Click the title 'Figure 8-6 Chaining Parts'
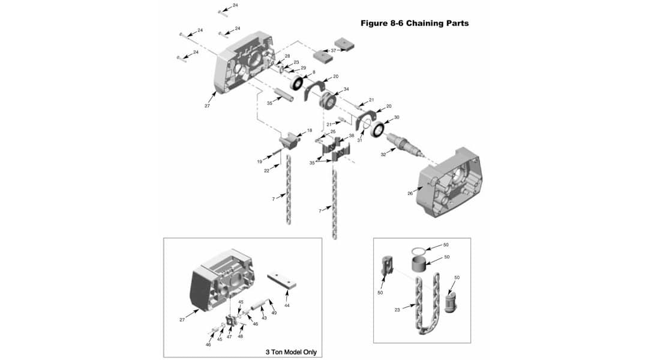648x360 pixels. (414, 23)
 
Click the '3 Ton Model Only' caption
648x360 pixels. (291, 352)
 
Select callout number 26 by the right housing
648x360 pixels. (410, 193)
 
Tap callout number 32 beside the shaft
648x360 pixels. (383, 154)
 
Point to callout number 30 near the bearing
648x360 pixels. (396, 118)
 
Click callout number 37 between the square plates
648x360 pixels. (333, 50)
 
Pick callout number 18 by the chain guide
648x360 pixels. (310, 130)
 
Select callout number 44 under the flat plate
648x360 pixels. (287, 305)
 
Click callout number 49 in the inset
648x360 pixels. (274, 313)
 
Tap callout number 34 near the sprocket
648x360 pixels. (346, 89)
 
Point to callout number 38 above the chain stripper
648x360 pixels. (352, 136)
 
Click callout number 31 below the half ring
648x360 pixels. (360, 140)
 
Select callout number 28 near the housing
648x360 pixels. (287, 56)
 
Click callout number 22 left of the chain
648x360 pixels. (266, 170)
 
